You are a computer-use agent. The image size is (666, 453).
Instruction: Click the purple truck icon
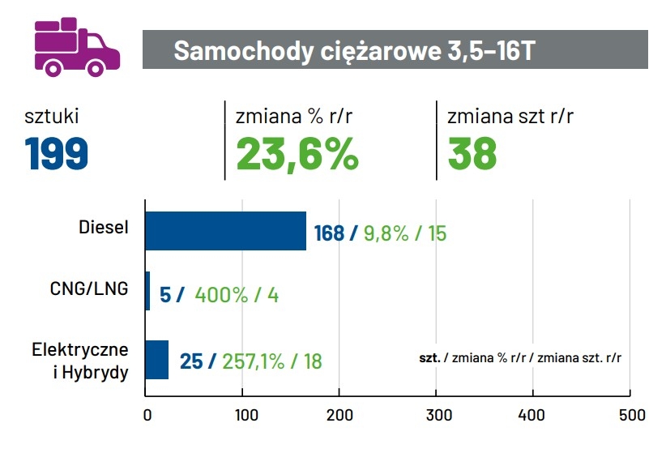coord(76,47)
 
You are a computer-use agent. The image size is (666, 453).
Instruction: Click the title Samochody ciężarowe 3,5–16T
coord(354,50)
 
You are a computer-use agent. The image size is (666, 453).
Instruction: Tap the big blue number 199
coord(56,153)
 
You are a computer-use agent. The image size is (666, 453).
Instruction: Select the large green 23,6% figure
coord(297,153)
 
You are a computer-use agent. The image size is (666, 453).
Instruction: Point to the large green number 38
coord(472,153)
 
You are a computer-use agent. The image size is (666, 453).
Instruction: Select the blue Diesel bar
coord(225,231)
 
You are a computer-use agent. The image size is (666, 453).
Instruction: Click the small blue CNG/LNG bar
coord(147,291)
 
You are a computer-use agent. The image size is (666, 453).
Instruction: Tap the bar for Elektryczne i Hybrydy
coord(156,359)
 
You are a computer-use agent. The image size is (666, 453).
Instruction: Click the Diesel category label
coord(104,227)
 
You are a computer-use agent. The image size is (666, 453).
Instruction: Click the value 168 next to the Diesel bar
coord(329,233)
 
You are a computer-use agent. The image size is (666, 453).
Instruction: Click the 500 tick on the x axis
coord(630,415)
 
